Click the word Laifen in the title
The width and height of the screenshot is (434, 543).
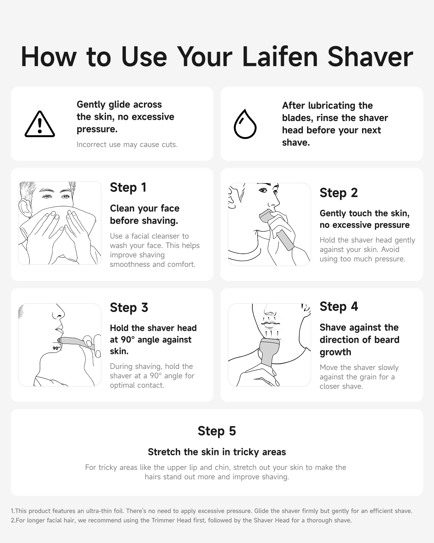click(280, 57)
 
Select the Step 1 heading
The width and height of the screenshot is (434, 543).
click(128, 188)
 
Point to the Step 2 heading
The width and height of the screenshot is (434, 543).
click(339, 193)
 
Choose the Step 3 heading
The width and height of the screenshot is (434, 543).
click(129, 308)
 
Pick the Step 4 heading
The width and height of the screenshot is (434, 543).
click(339, 307)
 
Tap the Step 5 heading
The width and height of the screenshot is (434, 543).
click(217, 431)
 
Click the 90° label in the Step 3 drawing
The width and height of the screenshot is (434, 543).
click(56, 348)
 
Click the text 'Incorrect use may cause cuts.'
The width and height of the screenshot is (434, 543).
click(127, 144)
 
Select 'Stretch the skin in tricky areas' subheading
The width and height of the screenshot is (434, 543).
click(217, 452)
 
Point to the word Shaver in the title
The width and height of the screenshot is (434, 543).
click(370, 57)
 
